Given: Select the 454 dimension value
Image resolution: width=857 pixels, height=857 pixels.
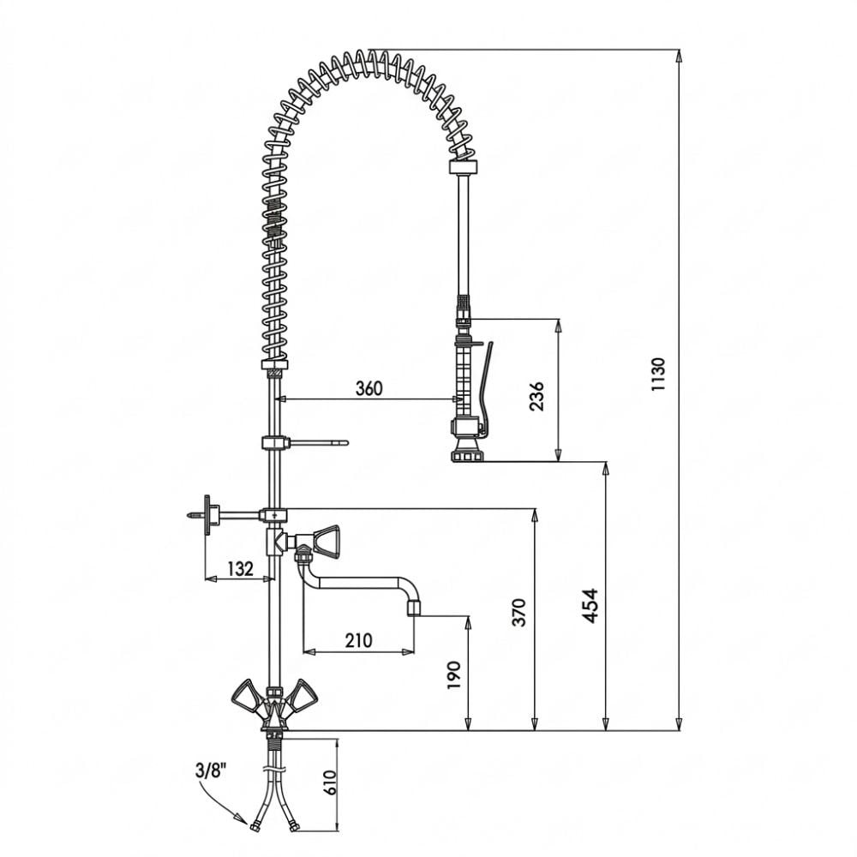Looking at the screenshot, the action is pyautogui.click(x=590, y=606).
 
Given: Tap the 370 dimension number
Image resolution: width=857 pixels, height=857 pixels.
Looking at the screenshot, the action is pyautogui.click(x=520, y=612).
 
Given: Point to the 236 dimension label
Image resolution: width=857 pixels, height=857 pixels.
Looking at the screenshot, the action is pyautogui.click(x=537, y=396).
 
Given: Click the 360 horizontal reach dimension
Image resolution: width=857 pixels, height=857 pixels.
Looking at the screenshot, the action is pyautogui.click(x=369, y=388).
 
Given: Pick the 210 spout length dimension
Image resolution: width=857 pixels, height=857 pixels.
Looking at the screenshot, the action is pyautogui.click(x=358, y=639).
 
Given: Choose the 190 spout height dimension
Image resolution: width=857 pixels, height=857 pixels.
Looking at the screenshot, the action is pyautogui.click(x=454, y=675).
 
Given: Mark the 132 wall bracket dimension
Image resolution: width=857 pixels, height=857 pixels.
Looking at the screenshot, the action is pyautogui.click(x=240, y=569).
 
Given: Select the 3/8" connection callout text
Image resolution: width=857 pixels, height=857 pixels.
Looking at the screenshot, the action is pyautogui.click(x=212, y=771).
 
